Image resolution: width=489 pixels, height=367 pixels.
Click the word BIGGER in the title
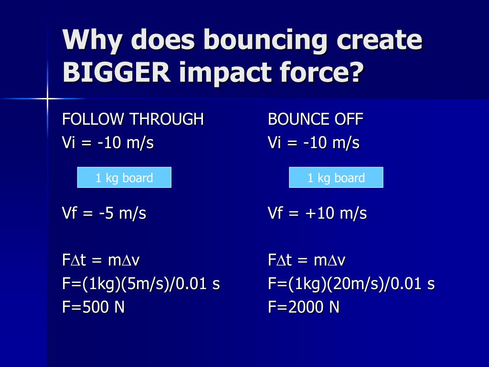(116, 72)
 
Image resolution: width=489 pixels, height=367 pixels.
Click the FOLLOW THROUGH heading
(133, 119)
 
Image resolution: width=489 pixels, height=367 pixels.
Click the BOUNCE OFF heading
(315, 119)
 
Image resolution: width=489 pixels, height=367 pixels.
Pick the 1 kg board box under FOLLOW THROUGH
(124, 178)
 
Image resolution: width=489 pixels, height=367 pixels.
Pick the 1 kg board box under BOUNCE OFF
(336, 178)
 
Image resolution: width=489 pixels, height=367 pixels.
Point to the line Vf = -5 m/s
(104, 213)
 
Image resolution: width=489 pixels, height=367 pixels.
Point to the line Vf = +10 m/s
(317, 213)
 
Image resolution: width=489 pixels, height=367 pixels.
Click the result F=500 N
(94, 307)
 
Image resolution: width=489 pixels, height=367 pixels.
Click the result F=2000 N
(304, 307)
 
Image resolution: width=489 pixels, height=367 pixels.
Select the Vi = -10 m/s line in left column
(108, 143)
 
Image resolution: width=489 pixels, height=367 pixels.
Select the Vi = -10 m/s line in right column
(314, 143)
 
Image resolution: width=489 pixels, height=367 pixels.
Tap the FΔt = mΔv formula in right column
(307, 260)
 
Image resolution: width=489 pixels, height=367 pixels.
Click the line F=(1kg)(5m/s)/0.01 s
(141, 284)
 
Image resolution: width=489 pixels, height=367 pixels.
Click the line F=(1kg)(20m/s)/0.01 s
(351, 284)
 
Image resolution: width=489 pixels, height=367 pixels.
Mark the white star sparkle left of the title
(47, 99)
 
